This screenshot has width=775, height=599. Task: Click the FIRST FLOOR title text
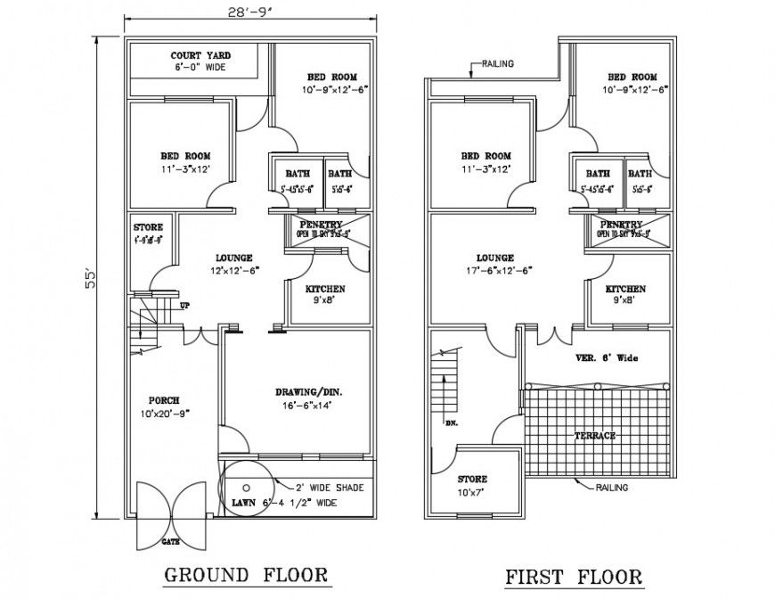(574, 577)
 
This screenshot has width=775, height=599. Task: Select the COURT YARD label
(194, 61)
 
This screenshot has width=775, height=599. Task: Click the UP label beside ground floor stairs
(185, 306)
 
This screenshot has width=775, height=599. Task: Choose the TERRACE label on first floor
(594, 436)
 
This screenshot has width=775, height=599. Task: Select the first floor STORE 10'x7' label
(473, 485)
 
